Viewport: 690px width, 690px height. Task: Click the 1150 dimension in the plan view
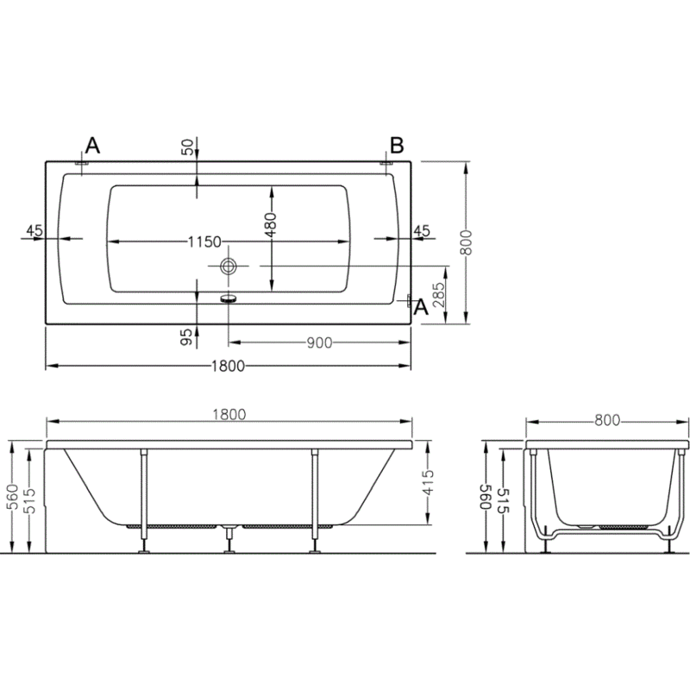point(204,241)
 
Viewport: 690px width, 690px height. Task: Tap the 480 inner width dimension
point(271,225)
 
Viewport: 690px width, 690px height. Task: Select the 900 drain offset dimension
point(319,342)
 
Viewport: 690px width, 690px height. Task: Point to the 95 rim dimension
point(187,337)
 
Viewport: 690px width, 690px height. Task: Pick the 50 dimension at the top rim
point(187,147)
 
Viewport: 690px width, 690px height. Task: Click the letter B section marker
point(397,145)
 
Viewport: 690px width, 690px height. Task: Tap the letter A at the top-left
point(92,145)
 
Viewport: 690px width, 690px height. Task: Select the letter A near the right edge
point(422,307)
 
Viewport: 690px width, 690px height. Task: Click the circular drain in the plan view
point(228,266)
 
